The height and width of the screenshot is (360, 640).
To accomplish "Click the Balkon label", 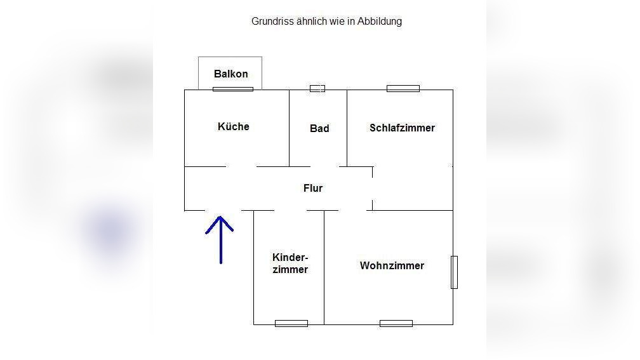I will (x=230, y=74).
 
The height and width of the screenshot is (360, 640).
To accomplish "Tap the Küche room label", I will (x=233, y=126).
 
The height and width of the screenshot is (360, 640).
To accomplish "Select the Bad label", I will (x=319, y=128).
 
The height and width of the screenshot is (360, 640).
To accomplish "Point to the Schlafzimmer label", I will (x=402, y=128).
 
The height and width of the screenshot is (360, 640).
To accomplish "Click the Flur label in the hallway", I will (x=313, y=188).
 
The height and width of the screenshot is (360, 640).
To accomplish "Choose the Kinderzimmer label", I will (x=290, y=263).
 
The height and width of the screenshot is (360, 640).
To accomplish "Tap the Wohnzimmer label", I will (x=392, y=265).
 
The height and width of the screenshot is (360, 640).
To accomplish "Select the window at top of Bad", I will (x=317, y=88).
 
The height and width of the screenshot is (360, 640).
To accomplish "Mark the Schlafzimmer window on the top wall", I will (x=403, y=88).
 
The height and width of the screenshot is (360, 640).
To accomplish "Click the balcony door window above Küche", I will (x=232, y=89).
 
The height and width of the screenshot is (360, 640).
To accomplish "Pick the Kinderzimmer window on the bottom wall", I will (x=291, y=323).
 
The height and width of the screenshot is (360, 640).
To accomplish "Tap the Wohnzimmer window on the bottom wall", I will (x=396, y=323).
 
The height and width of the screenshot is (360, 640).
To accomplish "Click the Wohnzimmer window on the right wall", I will (x=454, y=272).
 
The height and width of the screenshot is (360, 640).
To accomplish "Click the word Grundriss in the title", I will (x=272, y=21).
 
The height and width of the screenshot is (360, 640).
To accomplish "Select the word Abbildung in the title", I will (x=379, y=21).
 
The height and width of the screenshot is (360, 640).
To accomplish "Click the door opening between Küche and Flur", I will (x=241, y=166).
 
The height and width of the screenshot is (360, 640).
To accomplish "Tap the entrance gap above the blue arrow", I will (x=223, y=210).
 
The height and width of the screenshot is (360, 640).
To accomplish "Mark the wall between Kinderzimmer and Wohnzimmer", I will (x=324, y=267).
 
